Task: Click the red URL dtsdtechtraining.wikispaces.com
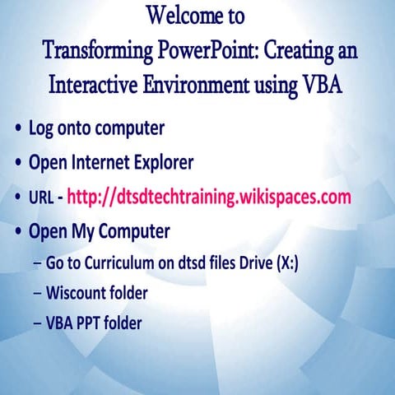[209, 197]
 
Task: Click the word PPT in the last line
[91, 323]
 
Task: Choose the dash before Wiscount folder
[39, 293]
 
